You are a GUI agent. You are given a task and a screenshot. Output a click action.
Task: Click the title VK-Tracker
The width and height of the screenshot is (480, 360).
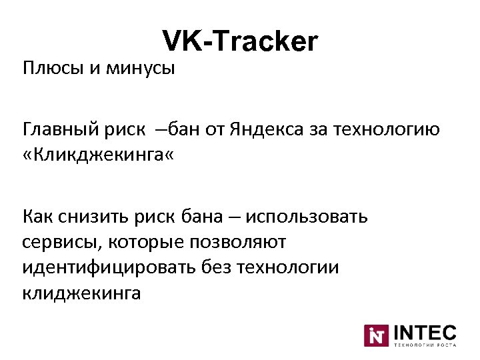pyautogui.click(x=240, y=41)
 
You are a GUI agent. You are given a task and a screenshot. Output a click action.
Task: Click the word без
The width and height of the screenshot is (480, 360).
pyautogui.click(x=215, y=268)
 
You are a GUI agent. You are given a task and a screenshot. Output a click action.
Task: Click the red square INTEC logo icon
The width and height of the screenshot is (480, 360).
pyautogui.click(x=375, y=335)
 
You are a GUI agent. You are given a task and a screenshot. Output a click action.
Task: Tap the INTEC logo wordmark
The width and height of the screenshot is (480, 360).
pyautogui.click(x=425, y=332)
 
